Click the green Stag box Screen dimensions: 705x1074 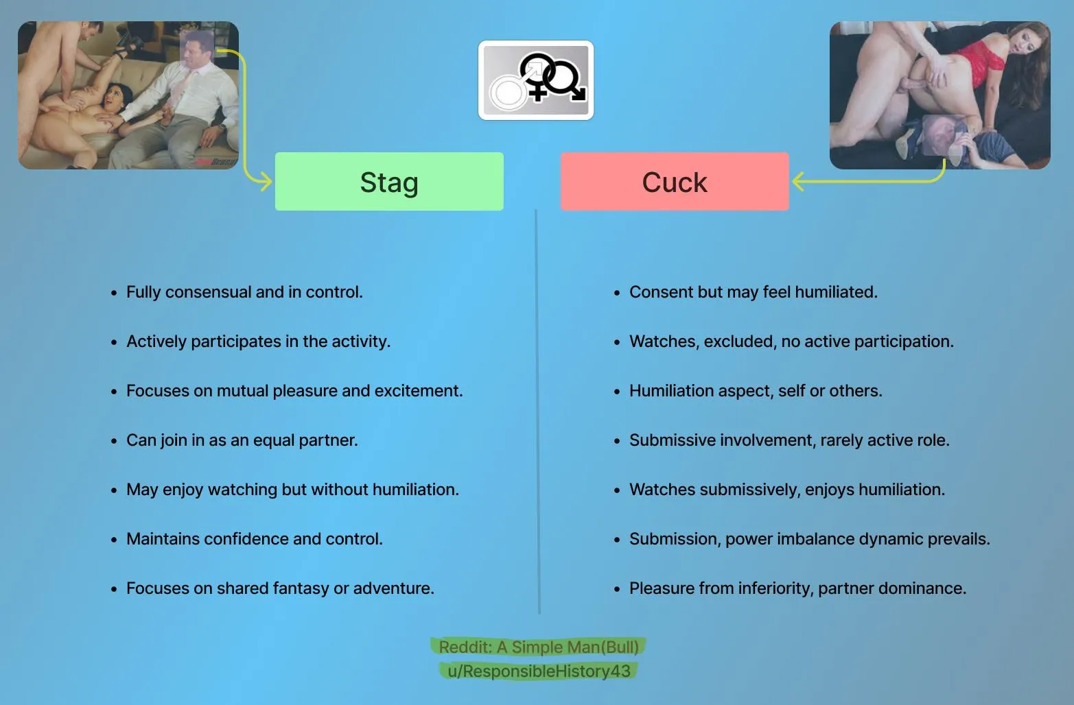pyautogui.click(x=389, y=182)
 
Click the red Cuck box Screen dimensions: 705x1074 pyautogui.click(x=675, y=182)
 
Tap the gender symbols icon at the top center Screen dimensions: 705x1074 pyautogui.click(x=536, y=80)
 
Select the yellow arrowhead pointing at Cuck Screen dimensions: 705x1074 pyautogui.click(x=798, y=182)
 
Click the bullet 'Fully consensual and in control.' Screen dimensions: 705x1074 pyautogui.click(x=244, y=292)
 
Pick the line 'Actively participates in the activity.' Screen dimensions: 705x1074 pyautogui.click(x=258, y=342)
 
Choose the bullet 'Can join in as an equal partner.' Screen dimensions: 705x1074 pyautogui.click(x=242, y=440)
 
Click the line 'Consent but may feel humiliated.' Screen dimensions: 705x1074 pyautogui.click(x=753, y=292)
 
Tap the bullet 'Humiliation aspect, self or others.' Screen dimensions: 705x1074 pyautogui.click(x=756, y=391)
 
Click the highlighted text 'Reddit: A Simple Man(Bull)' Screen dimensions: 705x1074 pyautogui.click(x=539, y=647)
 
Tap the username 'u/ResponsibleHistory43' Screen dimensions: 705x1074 pyautogui.click(x=539, y=671)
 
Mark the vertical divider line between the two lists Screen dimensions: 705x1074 pyautogui.click(x=537, y=411)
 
